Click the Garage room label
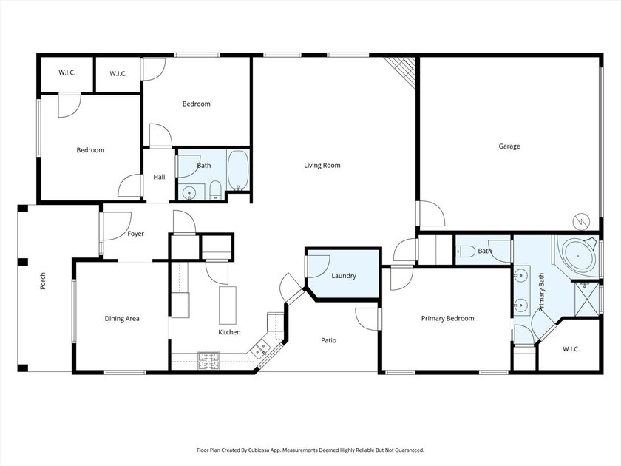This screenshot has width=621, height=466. [509, 146]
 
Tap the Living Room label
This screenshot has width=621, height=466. [322, 165]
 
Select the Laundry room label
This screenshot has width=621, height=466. [343, 276]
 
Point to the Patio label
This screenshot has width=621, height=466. [328, 340]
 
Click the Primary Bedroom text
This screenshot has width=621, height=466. [447, 318]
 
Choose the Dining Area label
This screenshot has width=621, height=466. [122, 318]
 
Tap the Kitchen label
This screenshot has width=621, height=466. [229, 332]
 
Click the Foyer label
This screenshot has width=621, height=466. [135, 234]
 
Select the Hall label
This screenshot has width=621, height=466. [159, 177]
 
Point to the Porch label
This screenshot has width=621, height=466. [43, 281]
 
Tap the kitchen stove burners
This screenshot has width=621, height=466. [208, 361]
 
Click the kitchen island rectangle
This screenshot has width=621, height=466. [228, 305]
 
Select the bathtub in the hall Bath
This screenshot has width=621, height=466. [237, 170]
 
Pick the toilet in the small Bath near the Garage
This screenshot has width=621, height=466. [465, 251]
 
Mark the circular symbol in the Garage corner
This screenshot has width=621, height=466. [581, 221]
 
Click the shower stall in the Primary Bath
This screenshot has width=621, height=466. [586, 298]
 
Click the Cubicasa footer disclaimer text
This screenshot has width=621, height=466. [310, 450]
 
